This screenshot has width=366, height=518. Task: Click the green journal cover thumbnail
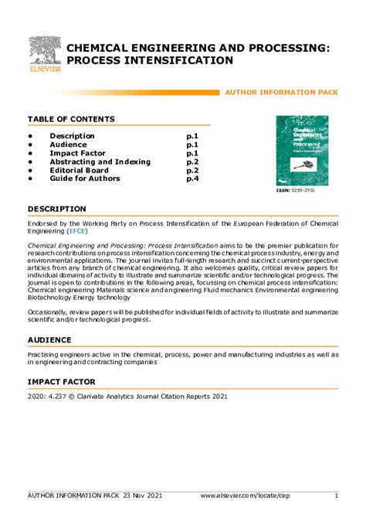coord(302,150)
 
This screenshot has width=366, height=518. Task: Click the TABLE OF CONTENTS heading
coord(71,119)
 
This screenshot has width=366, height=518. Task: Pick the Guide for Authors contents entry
coord(85,179)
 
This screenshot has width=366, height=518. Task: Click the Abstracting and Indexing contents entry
coord(100,162)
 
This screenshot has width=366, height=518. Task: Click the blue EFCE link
coord(77,230)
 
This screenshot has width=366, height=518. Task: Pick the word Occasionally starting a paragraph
coord(51,312)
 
